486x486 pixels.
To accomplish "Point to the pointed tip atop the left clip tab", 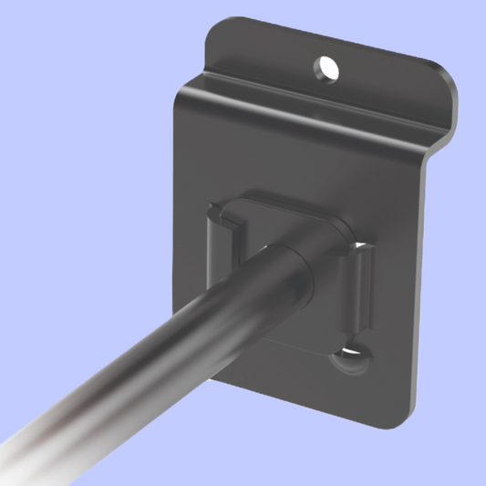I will pos(212,212).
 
